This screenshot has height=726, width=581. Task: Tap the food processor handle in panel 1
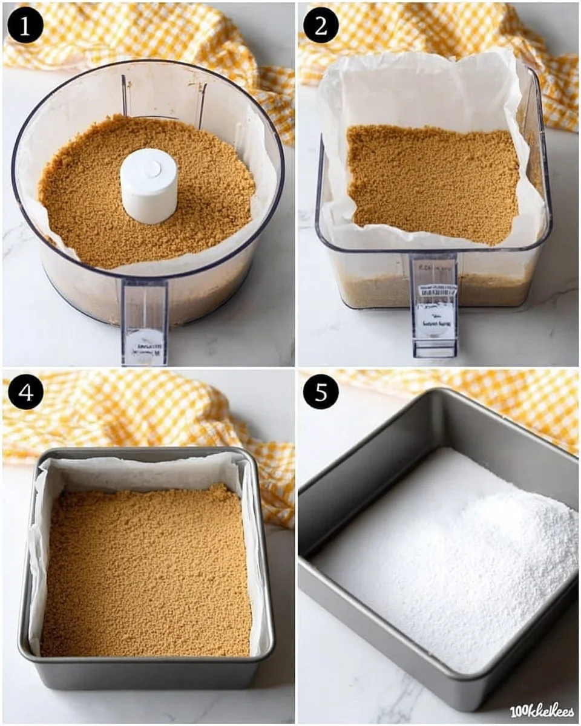click(145, 321)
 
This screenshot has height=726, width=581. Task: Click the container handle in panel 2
click(434, 306)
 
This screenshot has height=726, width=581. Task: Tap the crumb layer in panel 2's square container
click(433, 181)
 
